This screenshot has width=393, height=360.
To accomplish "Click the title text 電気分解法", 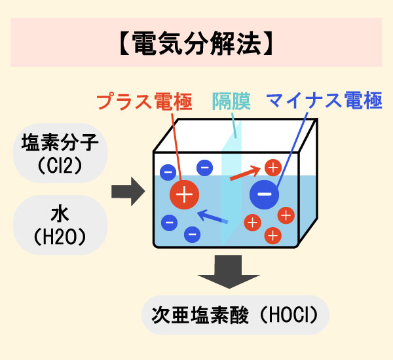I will pos(196,43).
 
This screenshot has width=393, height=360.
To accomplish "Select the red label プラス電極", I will pos(145,102).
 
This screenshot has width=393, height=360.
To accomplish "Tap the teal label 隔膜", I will pos(231,102).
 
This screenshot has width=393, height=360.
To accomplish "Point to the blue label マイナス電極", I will pos(324,102).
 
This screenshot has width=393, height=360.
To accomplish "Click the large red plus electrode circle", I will pos(185,194).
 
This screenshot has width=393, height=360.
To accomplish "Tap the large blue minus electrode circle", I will pos(265,194).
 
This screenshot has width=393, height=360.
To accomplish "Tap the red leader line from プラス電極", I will pos(176,141).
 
